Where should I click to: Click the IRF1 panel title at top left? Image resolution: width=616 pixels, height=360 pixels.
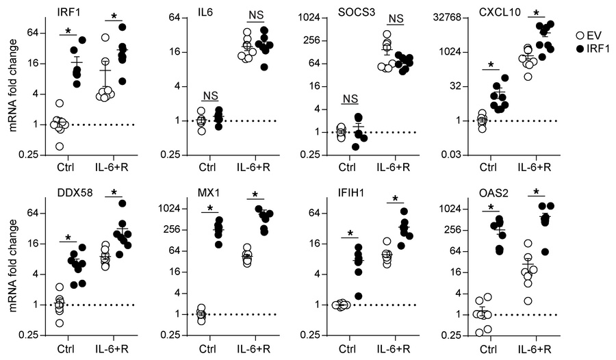68,10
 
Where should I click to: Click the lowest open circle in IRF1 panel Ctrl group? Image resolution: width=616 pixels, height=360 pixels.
60,146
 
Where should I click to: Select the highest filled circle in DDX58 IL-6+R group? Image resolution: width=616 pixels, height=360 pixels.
123,203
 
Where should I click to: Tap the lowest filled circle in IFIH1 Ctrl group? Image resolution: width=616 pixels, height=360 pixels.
357,296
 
